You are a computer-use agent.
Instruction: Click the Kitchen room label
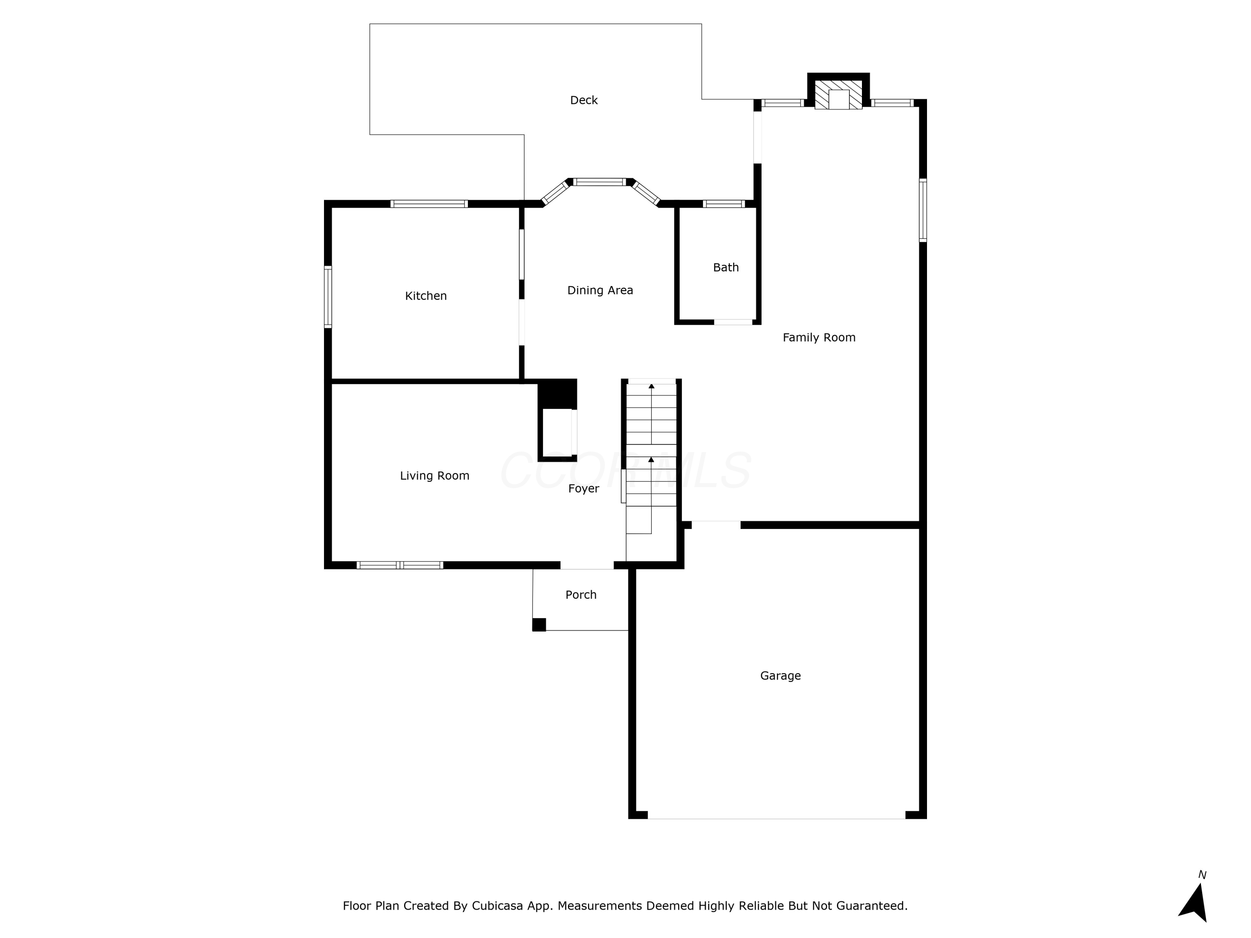pyautogui.click(x=426, y=296)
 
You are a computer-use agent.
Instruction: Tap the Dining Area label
pyautogui.click(x=600, y=290)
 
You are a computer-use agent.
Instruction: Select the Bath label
pyautogui.click(x=726, y=268)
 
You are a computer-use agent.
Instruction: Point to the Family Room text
pyautogui.click(x=819, y=338)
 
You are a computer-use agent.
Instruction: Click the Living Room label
pyautogui.click(x=435, y=476)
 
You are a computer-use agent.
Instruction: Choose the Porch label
pyautogui.click(x=581, y=595)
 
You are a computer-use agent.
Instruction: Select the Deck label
pyautogui.click(x=584, y=100)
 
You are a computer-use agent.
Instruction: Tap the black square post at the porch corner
pyautogui.click(x=539, y=625)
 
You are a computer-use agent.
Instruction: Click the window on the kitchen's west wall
pyautogui.click(x=327, y=297)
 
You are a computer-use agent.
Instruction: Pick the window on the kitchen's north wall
pyautogui.click(x=429, y=203)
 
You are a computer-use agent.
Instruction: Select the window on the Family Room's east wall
pyautogui.click(x=922, y=211)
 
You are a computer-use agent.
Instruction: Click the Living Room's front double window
pyautogui.click(x=400, y=565)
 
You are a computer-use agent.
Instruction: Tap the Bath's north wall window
pyautogui.click(x=724, y=203)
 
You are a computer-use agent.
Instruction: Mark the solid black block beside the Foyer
pyautogui.click(x=558, y=394)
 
